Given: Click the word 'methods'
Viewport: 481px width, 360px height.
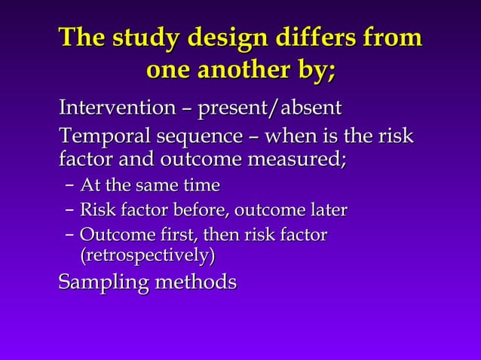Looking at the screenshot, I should (196, 282).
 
